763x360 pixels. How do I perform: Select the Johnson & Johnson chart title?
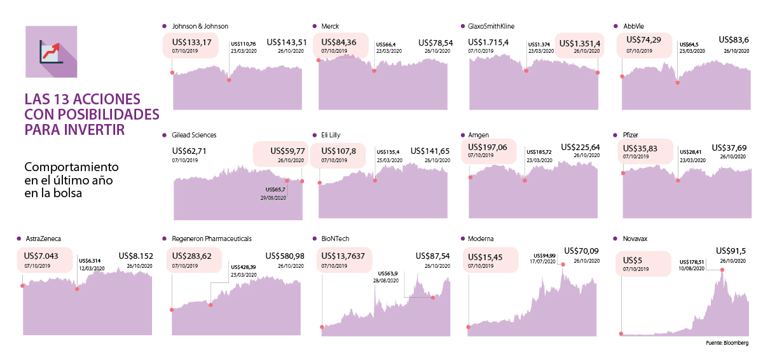click(x=200, y=26)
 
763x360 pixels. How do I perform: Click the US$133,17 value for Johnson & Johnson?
click(x=191, y=43)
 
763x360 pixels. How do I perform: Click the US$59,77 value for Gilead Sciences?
click(x=287, y=151)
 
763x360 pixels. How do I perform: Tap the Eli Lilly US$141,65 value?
click(x=430, y=151)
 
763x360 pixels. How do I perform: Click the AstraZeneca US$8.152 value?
click(x=135, y=256)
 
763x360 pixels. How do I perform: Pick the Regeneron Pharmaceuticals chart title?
click(x=212, y=239)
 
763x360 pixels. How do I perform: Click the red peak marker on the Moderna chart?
click(x=563, y=264)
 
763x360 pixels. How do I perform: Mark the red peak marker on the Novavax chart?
click(x=722, y=270)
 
